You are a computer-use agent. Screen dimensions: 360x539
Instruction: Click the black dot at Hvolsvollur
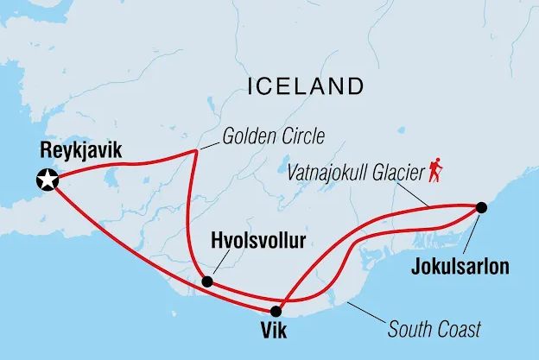pyautogui.click(x=206, y=281)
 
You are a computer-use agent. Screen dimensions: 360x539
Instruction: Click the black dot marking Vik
pyautogui.click(x=276, y=312)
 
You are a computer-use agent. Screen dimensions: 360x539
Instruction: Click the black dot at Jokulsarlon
pyautogui.click(x=481, y=207)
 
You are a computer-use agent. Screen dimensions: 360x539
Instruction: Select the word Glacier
pyautogui.click(x=401, y=172)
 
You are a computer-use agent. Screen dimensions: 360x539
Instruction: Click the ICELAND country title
pyautogui.click(x=305, y=86)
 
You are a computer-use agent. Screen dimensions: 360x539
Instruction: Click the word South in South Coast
pyautogui.click(x=410, y=329)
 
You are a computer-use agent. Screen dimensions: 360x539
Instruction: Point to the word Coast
pyautogui.click(x=458, y=329)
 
